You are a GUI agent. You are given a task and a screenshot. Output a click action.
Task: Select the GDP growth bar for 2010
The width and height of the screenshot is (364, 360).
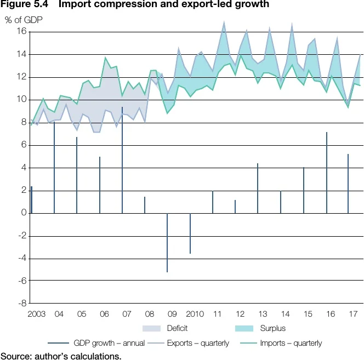[190, 233]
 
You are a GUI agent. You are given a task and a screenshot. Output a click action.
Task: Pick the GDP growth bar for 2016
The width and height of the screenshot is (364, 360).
[326, 173]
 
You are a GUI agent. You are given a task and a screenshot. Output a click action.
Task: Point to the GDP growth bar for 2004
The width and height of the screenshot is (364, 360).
[54, 168]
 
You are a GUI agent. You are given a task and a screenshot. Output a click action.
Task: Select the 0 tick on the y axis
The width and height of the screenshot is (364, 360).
[24, 213]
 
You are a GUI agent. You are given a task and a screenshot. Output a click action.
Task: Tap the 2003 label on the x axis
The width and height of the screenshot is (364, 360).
[36, 314]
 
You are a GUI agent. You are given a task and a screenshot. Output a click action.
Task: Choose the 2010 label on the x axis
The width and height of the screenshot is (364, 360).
[195, 314]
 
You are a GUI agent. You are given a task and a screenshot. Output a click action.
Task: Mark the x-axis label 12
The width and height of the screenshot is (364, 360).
[240, 314]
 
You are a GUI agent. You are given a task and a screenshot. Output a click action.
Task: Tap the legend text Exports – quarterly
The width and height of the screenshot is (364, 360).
[199, 343]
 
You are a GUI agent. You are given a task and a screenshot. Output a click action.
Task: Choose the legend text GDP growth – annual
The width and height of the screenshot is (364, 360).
[109, 343]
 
